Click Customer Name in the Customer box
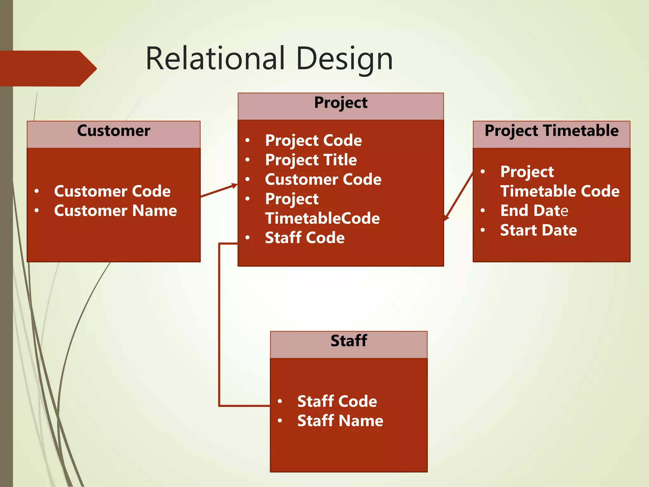(115, 211)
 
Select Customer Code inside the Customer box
(112, 191)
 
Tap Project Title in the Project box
(311, 160)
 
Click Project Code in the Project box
(313, 140)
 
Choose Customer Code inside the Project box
(323, 179)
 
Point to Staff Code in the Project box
(305, 238)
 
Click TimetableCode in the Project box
(322, 218)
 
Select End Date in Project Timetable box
(534, 211)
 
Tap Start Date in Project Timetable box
(538, 231)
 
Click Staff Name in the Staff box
(340, 421)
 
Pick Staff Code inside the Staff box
(337, 401)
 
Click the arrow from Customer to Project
(219, 191)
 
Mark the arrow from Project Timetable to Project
(459, 196)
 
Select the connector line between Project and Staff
(219, 323)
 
